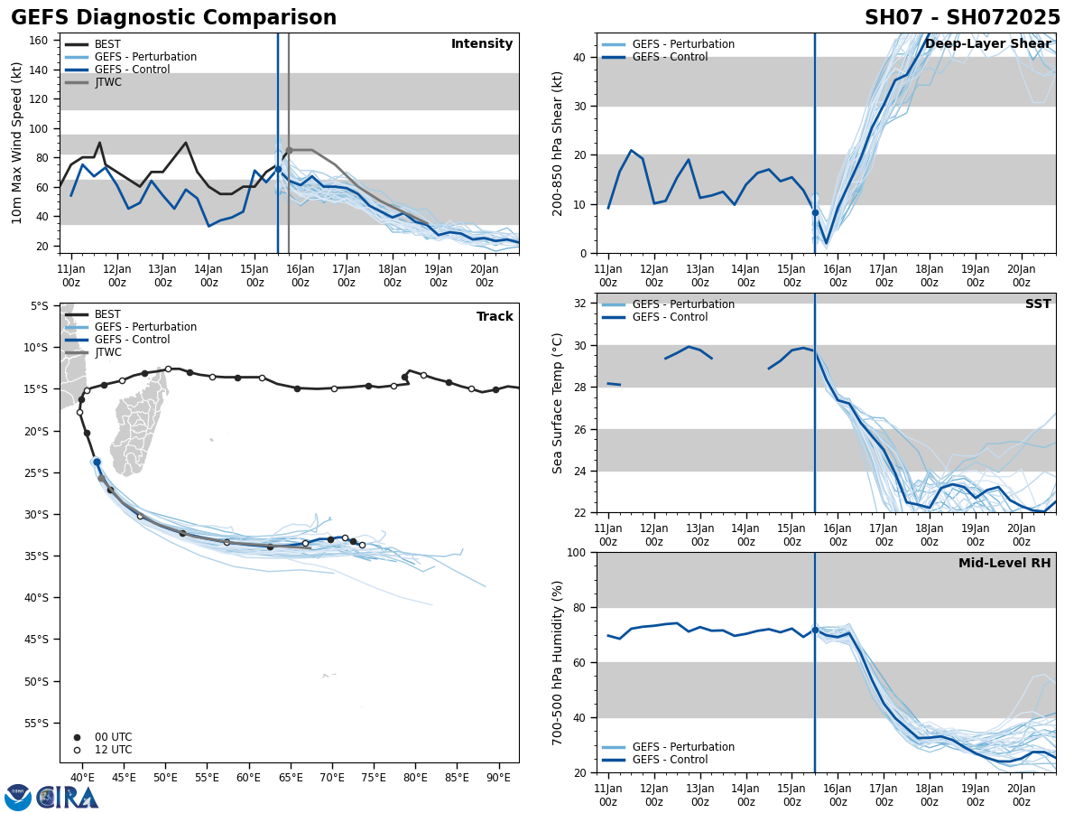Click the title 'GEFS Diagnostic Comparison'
click(x=173, y=18)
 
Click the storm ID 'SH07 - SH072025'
click(x=962, y=18)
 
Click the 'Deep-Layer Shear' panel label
click(x=987, y=44)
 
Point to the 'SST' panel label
click(x=1037, y=304)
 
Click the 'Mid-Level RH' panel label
click(x=1004, y=564)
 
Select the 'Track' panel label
click(x=495, y=317)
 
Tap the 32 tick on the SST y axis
click(x=581, y=304)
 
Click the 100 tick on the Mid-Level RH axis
click(x=578, y=553)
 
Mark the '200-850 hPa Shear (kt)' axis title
click(x=559, y=143)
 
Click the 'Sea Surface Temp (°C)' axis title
click(x=559, y=403)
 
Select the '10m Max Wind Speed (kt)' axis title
click(x=17, y=143)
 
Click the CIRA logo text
click(x=68, y=798)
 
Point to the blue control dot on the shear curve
click(x=815, y=213)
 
